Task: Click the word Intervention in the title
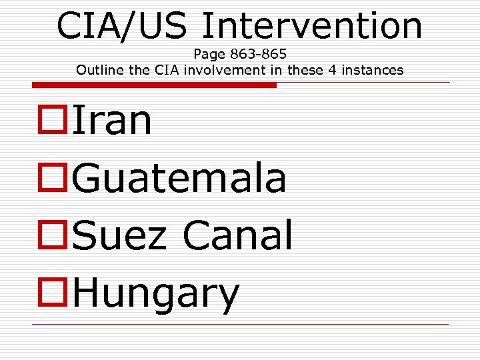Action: pyautogui.click(x=312, y=25)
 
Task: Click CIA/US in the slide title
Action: pyautogui.click(x=124, y=25)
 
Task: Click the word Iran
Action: pyautogui.click(x=112, y=121)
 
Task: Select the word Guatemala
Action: pyautogui.click(x=179, y=178)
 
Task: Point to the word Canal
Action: pyautogui.click(x=237, y=235)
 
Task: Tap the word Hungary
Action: pyautogui.click(x=155, y=293)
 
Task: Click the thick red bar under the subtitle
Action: pyautogui.click(x=153, y=85)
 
